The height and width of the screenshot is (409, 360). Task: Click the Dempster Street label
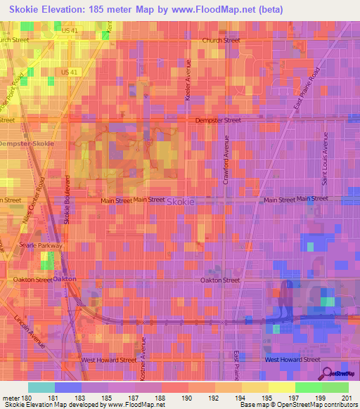(222, 120)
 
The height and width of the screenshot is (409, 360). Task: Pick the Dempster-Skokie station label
(25, 144)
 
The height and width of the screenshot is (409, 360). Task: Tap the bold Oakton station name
(64, 279)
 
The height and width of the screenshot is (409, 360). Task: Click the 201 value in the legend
(347, 398)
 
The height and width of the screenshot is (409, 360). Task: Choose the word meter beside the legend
(8, 398)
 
